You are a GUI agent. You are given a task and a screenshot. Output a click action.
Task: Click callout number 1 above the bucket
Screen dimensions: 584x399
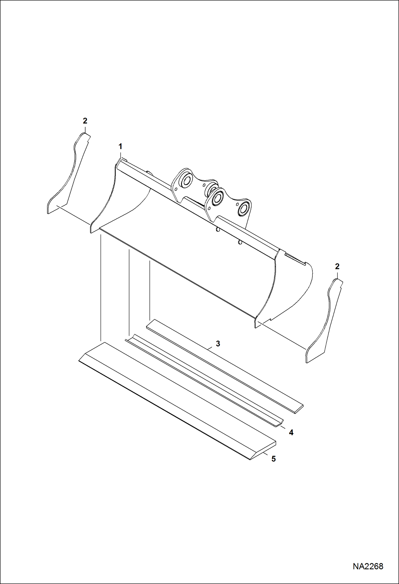120,146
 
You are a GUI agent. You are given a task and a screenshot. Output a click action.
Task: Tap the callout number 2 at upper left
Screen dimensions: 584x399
85,121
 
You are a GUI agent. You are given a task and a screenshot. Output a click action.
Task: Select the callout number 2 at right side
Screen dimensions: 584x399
337,266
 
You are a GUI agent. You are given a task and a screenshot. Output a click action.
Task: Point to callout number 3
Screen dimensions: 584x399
218,344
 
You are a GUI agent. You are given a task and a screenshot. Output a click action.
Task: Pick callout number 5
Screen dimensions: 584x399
274,459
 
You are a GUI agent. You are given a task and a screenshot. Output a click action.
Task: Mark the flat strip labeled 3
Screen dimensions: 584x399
224,365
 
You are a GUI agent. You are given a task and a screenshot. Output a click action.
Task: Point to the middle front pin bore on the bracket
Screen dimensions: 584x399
218,198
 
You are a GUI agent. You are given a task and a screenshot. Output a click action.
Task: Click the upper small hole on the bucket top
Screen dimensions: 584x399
218,230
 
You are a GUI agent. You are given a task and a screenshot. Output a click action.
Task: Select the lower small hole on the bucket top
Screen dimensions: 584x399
240,242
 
